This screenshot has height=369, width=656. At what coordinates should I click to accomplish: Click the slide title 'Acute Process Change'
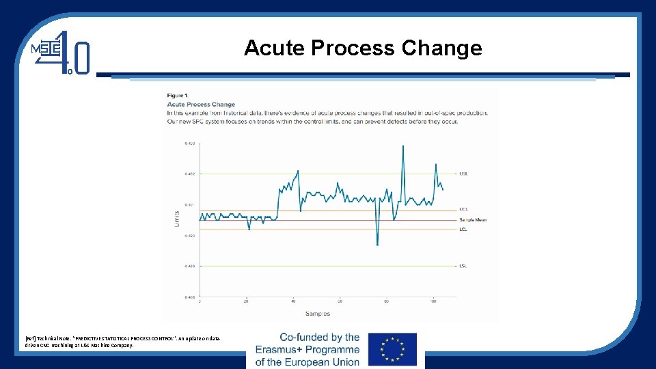(363, 49)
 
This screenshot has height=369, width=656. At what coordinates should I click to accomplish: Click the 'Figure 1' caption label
(177, 95)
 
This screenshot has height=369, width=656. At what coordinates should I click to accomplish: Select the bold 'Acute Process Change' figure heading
(201, 105)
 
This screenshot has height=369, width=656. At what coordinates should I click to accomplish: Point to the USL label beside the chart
(463, 174)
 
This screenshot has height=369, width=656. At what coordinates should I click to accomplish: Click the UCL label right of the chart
(463, 209)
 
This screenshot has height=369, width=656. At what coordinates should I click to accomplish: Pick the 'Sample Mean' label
(473, 219)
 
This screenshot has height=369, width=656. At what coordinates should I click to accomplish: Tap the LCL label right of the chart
(463, 228)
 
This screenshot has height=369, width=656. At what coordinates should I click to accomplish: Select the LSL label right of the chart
(463, 266)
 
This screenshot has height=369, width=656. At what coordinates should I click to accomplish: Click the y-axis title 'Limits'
(177, 219)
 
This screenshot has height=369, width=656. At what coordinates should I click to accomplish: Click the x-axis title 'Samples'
(317, 314)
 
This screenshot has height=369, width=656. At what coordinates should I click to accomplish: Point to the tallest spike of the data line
(403, 146)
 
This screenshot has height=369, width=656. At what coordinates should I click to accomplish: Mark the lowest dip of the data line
(377, 245)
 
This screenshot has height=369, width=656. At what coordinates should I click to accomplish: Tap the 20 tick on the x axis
(246, 301)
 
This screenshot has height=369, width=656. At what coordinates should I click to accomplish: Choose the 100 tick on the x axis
(433, 301)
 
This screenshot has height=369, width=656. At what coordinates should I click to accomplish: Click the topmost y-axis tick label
(189, 143)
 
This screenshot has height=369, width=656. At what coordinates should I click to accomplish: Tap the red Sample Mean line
(328, 220)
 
